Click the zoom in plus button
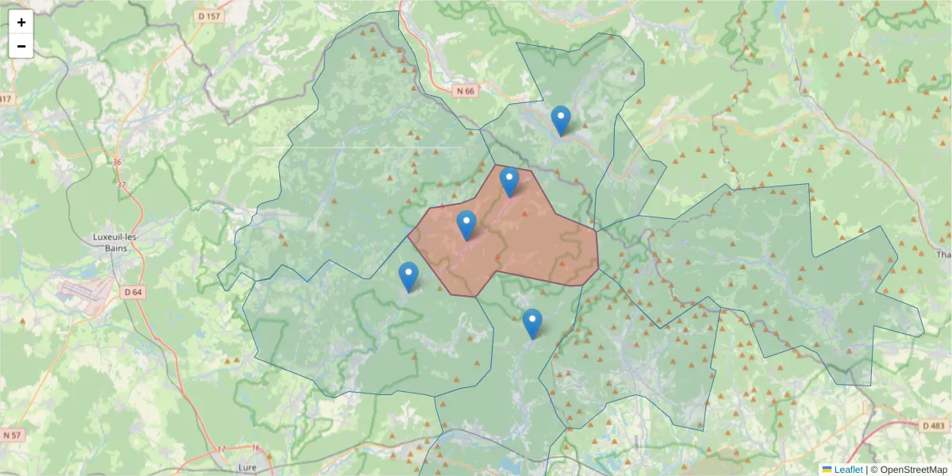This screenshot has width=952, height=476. [x=21, y=22]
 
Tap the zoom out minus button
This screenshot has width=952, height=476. [x=21, y=46]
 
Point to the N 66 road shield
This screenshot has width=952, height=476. [x=465, y=91]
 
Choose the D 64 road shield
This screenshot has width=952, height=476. [x=133, y=292]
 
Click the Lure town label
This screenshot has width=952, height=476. [x=248, y=469]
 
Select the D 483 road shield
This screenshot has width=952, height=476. [x=934, y=426]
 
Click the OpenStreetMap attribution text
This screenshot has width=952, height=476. [x=913, y=470]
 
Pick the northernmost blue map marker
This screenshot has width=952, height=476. [x=561, y=121]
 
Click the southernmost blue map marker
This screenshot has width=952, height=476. [x=532, y=324]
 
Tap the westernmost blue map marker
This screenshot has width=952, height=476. [x=409, y=277]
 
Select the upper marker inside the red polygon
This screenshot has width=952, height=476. [x=509, y=182]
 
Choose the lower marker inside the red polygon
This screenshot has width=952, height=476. [x=466, y=225]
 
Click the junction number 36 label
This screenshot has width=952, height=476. [x=117, y=163]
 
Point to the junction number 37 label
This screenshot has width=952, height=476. [x=121, y=185]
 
